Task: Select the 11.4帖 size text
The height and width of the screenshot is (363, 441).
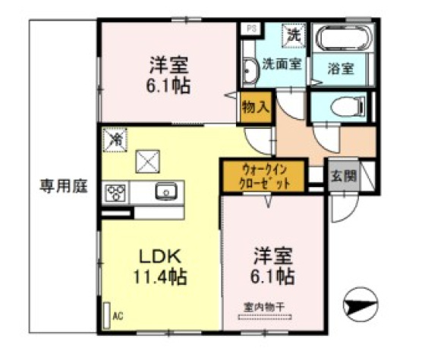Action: coord(159,275)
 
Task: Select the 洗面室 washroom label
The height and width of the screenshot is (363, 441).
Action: coord(282,64)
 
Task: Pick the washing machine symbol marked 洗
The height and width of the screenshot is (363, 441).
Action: coord(293,33)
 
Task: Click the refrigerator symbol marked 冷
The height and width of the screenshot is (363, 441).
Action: coord(116,140)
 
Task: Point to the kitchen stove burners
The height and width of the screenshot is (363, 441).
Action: coord(115,192)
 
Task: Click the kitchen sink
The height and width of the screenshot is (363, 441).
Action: coord(165,192)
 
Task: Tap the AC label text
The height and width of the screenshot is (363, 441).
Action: coord(118,314)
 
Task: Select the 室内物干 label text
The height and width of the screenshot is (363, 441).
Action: coord(263,307)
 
